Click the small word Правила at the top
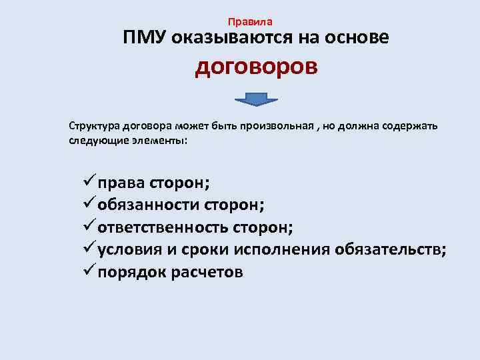pyautogui.click(x=249, y=22)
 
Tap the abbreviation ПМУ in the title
pyautogui.click(x=144, y=39)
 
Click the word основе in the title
pyautogui.click(x=358, y=39)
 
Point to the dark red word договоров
pyautogui.click(x=256, y=69)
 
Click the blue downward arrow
pyautogui.click(x=256, y=100)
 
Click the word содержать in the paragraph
pyautogui.click(x=407, y=127)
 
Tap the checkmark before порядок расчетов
pyautogui.click(x=87, y=271)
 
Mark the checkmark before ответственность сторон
pyautogui.click(x=87, y=227)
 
